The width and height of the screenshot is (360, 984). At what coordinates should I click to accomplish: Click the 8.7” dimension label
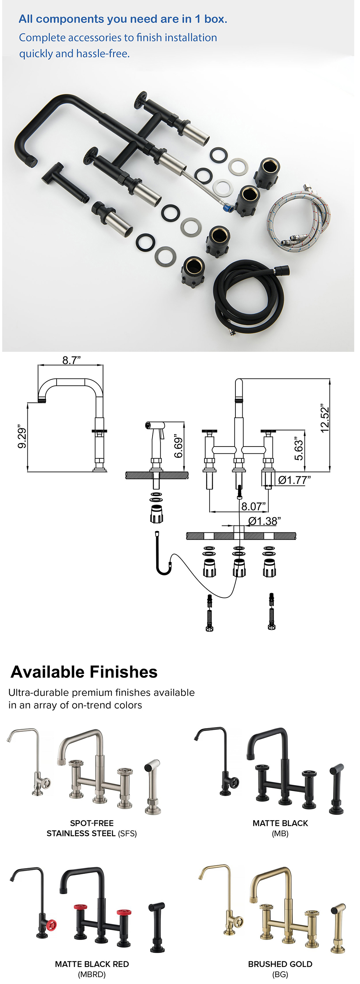click(72, 360)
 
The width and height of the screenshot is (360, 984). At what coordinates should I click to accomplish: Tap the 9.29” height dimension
click(22, 438)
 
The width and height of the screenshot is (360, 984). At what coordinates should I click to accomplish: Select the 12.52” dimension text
click(324, 420)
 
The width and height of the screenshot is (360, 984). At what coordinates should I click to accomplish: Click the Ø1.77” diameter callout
click(294, 480)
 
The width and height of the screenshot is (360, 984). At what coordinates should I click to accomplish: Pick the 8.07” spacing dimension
click(253, 507)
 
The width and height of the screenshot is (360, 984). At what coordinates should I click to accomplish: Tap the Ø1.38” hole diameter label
click(264, 521)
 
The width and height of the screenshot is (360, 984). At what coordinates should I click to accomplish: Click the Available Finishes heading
click(84, 672)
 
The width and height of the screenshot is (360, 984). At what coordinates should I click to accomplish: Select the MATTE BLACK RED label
click(92, 964)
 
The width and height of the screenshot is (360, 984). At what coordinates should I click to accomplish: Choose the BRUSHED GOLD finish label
click(280, 964)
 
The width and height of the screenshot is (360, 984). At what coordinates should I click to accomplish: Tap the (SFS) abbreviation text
click(127, 834)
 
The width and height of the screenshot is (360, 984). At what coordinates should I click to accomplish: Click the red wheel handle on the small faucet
click(51, 925)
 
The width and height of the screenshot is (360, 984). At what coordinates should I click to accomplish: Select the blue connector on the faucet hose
click(228, 208)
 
